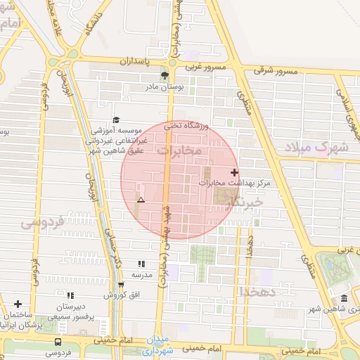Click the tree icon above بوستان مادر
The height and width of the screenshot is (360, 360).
(x=164, y=75)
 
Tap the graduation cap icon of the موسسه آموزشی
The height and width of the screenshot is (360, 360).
(x=116, y=120)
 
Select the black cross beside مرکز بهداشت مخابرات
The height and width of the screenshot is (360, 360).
(x=234, y=172)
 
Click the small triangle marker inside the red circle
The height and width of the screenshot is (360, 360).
(x=141, y=200)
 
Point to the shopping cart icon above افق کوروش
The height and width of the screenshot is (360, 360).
(x=121, y=285)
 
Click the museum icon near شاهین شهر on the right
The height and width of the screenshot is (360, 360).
(x=344, y=299)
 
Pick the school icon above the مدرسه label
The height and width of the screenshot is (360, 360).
(x=141, y=264)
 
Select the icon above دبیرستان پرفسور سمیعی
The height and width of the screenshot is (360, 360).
(x=70, y=297)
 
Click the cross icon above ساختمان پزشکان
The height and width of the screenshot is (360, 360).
(x=18, y=304)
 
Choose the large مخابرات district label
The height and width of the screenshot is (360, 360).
(x=179, y=150)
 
